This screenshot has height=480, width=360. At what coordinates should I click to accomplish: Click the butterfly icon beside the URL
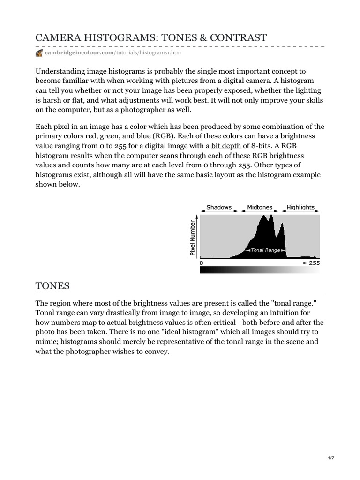click(39, 53)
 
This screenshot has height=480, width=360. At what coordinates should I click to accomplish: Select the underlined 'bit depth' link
click(226, 146)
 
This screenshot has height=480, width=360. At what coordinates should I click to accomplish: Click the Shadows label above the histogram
click(219, 207)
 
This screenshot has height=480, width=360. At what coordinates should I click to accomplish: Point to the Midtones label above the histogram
click(259, 207)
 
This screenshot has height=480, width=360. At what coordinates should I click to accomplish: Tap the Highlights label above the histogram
click(300, 207)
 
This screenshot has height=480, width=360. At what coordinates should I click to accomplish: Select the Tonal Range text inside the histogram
click(265, 250)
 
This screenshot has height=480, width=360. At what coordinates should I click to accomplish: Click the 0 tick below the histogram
click(202, 263)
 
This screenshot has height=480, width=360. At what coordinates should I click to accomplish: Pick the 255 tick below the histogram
click(315, 263)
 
